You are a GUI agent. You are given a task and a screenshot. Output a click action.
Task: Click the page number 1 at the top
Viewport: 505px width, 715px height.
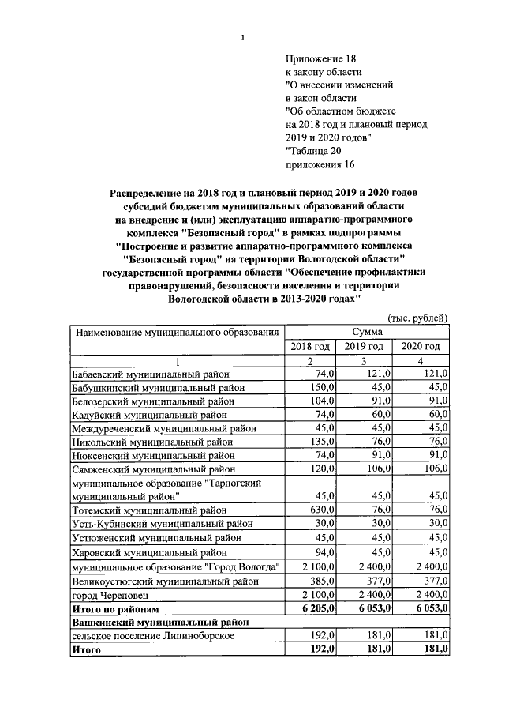click(243, 38)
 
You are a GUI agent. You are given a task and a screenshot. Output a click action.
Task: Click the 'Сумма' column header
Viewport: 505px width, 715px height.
click(364, 332)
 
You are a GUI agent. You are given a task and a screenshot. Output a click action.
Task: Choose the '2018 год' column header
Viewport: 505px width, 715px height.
click(310, 347)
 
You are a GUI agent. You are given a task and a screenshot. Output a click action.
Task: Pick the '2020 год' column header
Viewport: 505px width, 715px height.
click(421, 347)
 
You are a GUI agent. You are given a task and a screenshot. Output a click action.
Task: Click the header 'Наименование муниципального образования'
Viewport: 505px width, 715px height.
click(177, 332)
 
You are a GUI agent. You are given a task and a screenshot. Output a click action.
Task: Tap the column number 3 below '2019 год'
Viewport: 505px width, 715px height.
click(365, 361)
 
